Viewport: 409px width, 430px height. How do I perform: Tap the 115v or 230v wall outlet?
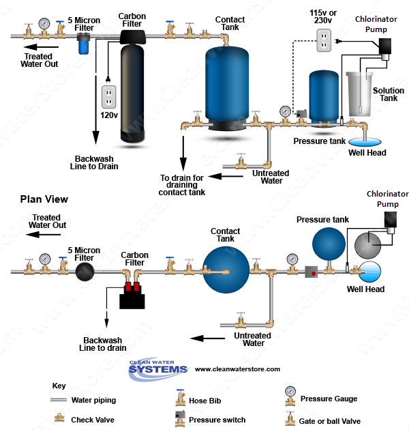pos(324,40)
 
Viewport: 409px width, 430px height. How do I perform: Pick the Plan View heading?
pos(44,199)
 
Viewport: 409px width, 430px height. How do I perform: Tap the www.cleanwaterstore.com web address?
pos(237,369)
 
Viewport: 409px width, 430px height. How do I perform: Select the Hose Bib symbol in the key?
pos(179,398)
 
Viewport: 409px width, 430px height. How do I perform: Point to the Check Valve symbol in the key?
pos(60,418)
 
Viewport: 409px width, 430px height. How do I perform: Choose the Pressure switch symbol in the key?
pos(179,418)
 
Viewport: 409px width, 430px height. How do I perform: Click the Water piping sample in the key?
pos(60,400)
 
